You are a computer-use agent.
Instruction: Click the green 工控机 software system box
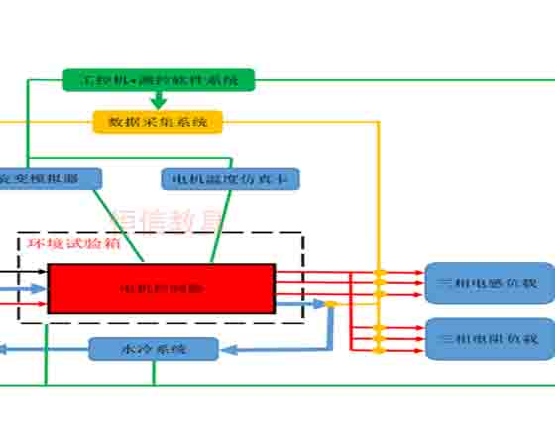pyautogui.click(x=159, y=78)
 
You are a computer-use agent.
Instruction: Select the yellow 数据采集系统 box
pyautogui.click(x=158, y=122)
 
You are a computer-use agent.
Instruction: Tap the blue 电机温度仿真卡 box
pyautogui.click(x=230, y=179)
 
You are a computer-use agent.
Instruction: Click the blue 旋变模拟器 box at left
pyautogui.click(x=50, y=179)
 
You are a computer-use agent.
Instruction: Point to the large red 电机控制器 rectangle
pyautogui.click(x=161, y=288)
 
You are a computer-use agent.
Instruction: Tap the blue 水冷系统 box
pyautogui.click(x=154, y=349)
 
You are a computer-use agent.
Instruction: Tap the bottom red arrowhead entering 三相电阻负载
pyautogui.click(x=419, y=349)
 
